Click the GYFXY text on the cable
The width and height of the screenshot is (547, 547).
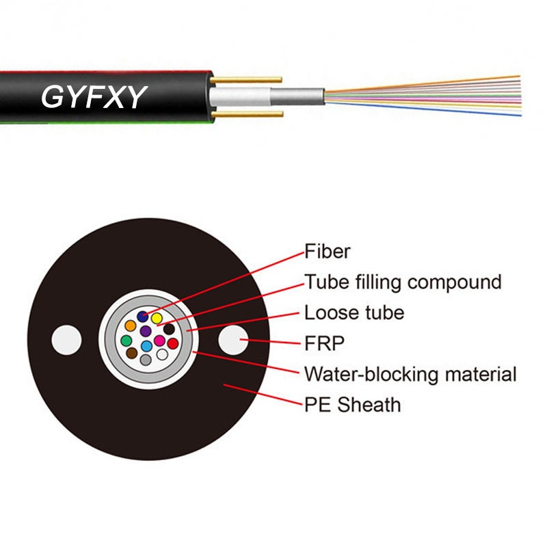(x=94, y=96)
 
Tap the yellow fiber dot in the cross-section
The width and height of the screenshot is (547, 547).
(x=157, y=318)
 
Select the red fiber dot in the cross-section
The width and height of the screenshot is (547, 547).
(x=173, y=343)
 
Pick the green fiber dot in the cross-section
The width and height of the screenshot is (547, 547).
(x=126, y=341)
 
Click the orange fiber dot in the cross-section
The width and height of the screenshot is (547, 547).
(x=131, y=326)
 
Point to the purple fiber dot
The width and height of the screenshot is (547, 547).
(x=146, y=331)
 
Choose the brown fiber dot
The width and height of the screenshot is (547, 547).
(x=131, y=353)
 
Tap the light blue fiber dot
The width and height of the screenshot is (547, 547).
(x=146, y=346)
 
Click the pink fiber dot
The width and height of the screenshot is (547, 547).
(x=159, y=341)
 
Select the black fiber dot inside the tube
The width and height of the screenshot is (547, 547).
(x=169, y=329)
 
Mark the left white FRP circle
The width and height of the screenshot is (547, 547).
(x=66, y=340)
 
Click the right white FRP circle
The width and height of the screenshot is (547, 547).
(x=233, y=340)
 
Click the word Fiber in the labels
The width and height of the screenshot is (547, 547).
(x=328, y=251)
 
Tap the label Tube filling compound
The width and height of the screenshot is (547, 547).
(x=403, y=282)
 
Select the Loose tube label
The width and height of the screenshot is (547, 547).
(x=354, y=312)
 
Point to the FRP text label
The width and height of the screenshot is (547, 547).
(x=324, y=343)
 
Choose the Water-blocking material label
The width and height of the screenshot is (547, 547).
(x=410, y=374)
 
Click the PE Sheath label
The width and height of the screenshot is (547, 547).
(x=352, y=405)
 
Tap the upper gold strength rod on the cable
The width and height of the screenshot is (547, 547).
(x=246, y=80)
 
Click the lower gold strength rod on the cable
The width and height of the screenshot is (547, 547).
(x=247, y=114)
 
